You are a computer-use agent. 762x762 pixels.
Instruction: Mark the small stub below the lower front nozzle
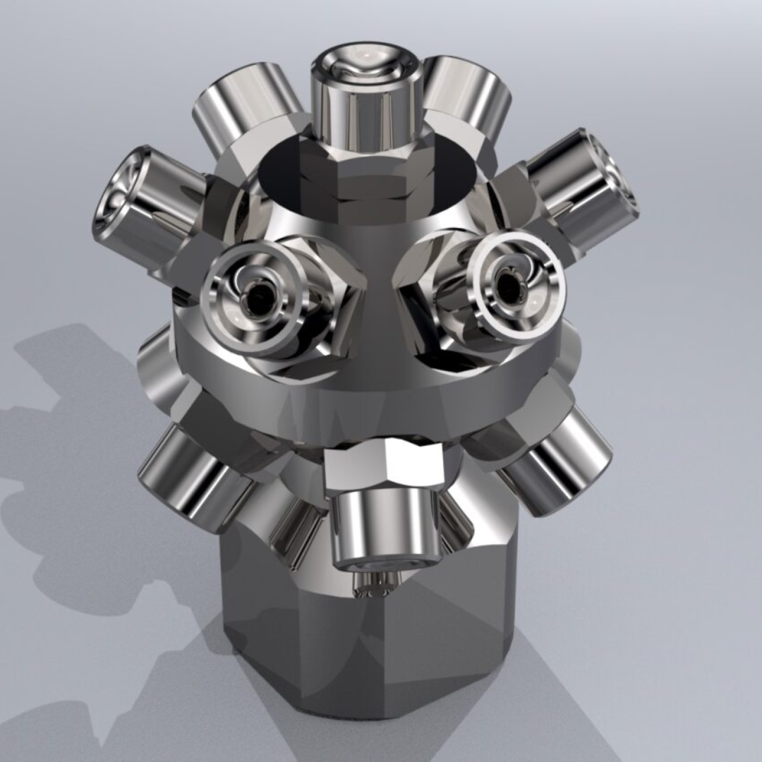374,583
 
